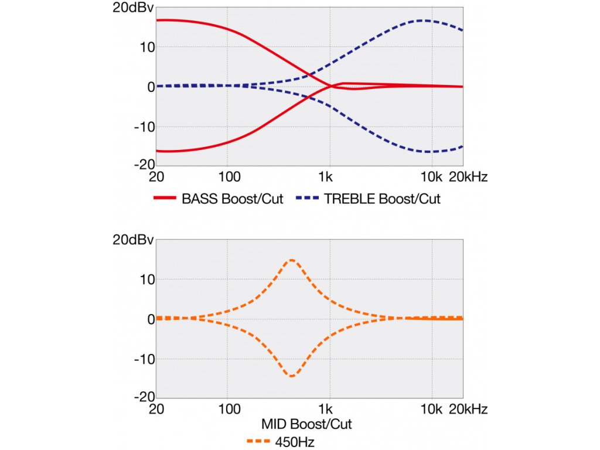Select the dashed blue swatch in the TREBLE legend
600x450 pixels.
pyautogui.click(x=307, y=199)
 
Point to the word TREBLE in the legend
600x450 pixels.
pyautogui.click(x=350, y=199)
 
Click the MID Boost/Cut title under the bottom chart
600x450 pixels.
pyautogui.click(x=307, y=423)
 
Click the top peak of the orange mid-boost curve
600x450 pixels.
pyautogui.click(x=292, y=260)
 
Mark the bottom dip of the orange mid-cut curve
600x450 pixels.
pyautogui.click(x=292, y=376)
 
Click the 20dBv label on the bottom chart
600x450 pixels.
pyautogui.click(x=133, y=240)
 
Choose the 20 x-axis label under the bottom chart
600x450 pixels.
pyautogui.click(x=156, y=408)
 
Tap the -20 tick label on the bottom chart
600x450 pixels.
pyautogui.click(x=144, y=397)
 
